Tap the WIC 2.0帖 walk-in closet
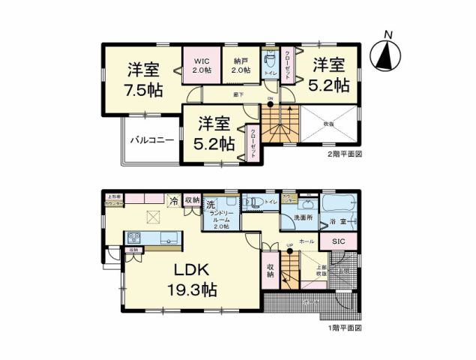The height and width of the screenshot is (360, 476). click(201, 66)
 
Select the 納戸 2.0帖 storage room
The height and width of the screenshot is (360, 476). click(240, 66)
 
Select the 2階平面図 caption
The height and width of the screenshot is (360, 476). click(344, 154)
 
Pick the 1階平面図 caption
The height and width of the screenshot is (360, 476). click(344, 328)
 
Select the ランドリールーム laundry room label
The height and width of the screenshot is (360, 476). click(220, 219)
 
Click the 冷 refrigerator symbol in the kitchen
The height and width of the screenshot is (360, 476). click(173, 200)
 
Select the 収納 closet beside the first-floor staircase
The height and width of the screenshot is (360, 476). click(270, 270)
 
